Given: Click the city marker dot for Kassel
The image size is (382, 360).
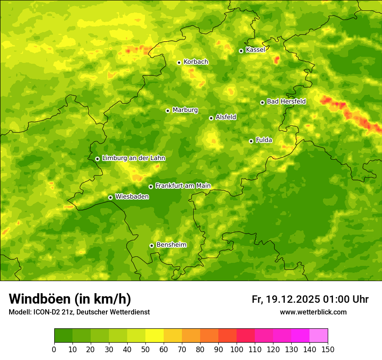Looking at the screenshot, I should pos(241,51).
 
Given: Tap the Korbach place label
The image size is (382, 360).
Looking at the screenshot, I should pos(196,62).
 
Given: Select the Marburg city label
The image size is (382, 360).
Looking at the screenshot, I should pos(185,110).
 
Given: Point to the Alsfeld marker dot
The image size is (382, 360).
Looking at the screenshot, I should pos(211,118).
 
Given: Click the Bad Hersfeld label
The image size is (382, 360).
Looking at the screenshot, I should pos(286,102).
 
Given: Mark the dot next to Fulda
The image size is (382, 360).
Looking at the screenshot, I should pos(251,141).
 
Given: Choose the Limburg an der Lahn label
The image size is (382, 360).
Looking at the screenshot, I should pos(133,158).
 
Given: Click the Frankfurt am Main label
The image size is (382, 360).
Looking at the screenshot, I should pos(183,186).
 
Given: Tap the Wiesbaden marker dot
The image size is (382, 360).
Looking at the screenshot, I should pos(110,197).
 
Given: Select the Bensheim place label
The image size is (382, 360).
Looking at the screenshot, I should pos(171,245).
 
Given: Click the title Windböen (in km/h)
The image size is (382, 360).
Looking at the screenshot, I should pos(69,299).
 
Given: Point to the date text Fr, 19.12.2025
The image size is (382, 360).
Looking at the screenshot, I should pos(286,299).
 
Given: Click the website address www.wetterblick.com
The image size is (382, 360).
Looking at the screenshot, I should pos(313,312).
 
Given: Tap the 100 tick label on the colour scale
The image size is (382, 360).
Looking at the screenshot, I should pos(237,349).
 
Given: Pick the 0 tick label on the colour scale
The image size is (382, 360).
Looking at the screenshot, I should pos(54,349).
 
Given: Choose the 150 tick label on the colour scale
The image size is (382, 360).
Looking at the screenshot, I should pos(328,349).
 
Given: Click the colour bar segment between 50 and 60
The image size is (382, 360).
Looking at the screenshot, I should pos(155,336).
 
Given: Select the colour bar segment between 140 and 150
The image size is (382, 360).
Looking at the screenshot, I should pos(319,336).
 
